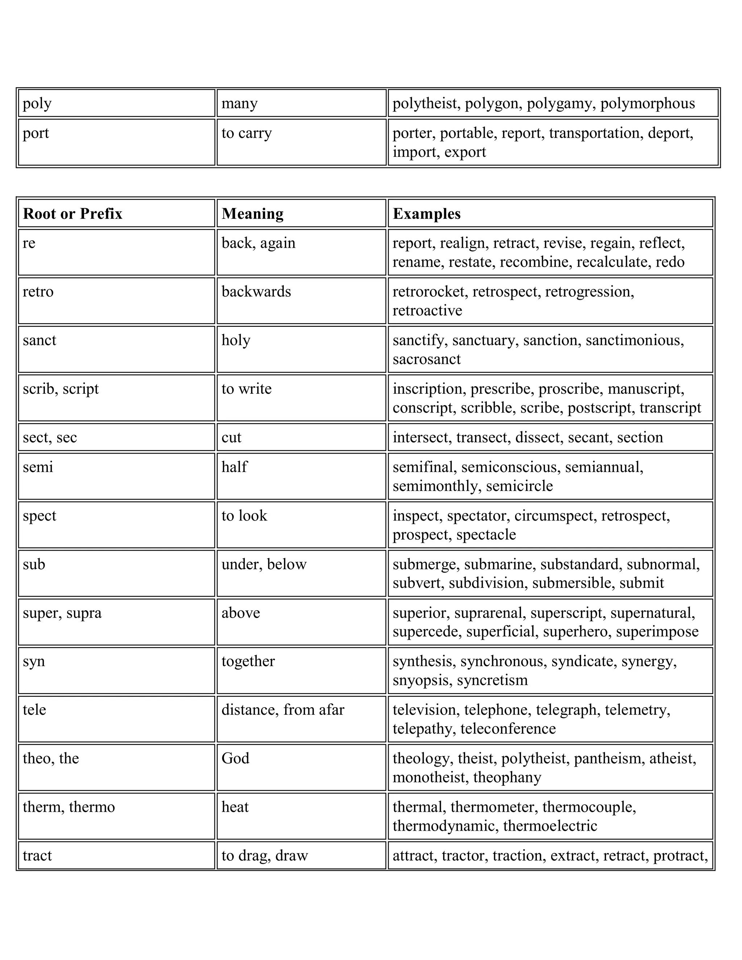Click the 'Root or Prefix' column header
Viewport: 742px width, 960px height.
[x=72, y=214]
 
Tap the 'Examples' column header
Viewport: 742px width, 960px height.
[x=426, y=214]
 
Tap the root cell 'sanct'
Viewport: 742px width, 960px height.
[x=39, y=340]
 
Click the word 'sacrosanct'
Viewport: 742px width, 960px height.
[x=426, y=359]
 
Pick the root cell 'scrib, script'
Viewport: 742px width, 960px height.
[x=61, y=389]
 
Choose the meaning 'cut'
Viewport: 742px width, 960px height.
[x=231, y=437]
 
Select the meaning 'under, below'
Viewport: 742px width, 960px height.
[x=264, y=564]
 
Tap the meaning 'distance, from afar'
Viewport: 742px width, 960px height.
[x=283, y=710]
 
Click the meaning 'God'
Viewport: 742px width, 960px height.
[x=235, y=758]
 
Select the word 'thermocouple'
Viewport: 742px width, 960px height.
[x=589, y=807]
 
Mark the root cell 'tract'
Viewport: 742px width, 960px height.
[x=37, y=855]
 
